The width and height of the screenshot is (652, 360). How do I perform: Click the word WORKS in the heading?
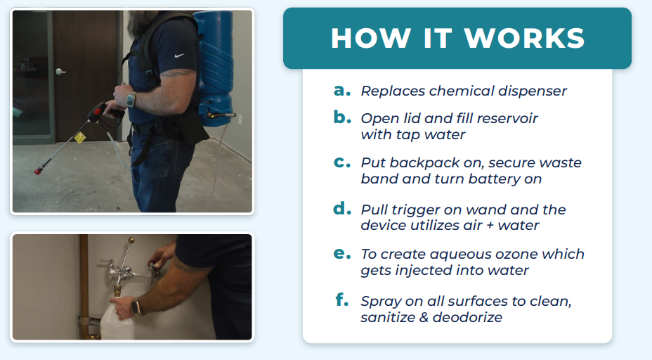[524, 38]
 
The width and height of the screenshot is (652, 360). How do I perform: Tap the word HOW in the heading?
[371, 38]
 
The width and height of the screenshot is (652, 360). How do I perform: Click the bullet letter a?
[341, 90]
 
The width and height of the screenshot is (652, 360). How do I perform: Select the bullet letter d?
[342, 207]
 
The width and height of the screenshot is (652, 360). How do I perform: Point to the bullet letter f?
[341, 299]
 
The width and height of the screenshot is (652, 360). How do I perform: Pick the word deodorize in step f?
[467, 318]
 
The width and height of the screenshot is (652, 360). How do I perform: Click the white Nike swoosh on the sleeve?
[179, 56]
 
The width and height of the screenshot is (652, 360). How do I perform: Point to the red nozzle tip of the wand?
[38, 171]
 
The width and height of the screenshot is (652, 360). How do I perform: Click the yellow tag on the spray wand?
[80, 137]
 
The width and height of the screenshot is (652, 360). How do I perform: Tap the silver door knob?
[60, 72]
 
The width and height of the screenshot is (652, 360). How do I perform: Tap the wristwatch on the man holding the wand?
[131, 101]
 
